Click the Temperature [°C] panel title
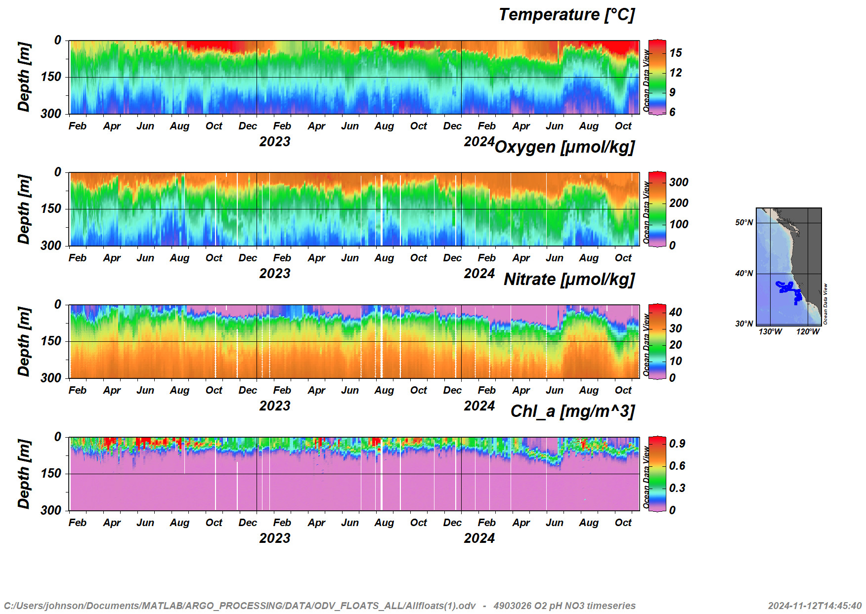[x=566, y=15]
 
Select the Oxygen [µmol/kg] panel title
[x=564, y=147]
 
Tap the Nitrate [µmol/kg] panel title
[x=569, y=280]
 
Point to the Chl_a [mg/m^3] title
[x=572, y=411]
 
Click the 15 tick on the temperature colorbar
[x=676, y=53]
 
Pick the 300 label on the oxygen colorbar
[x=679, y=182]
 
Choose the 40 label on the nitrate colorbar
[x=676, y=312]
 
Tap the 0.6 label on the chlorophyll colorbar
[x=677, y=466]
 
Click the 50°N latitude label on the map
[x=744, y=223]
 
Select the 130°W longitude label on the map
[x=770, y=331]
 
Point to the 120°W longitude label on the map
[x=808, y=331]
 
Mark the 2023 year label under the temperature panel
[x=275, y=142]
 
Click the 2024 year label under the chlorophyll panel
[x=479, y=538]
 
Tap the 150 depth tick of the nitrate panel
[x=51, y=341]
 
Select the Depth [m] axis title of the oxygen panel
[x=24, y=209]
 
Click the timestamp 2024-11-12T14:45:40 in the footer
[x=815, y=606]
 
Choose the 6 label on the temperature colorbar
[x=672, y=112]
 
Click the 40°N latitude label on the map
[x=744, y=274]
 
